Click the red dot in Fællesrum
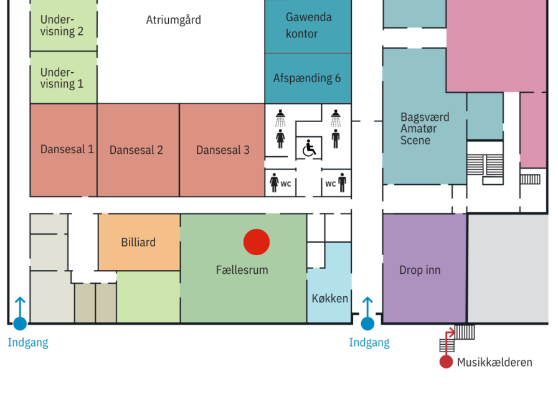(x=256, y=242)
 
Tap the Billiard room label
(x=138, y=242)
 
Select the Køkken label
(x=329, y=298)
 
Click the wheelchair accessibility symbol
(x=309, y=148)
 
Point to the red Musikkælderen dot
(x=446, y=362)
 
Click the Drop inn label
(x=420, y=270)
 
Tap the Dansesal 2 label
(x=136, y=150)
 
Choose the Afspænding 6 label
(x=307, y=78)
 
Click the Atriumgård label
(x=174, y=20)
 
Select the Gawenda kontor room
(x=308, y=26)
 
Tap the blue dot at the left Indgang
(x=20, y=324)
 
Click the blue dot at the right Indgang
(x=367, y=324)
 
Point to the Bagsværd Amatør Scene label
(x=424, y=128)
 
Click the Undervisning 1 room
(x=62, y=78)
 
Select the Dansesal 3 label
(x=223, y=150)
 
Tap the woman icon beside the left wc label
(x=274, y=183)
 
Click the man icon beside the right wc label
(x=342, y=183)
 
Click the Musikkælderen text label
(x=494, y=362)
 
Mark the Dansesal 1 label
(x=67, y=149)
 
